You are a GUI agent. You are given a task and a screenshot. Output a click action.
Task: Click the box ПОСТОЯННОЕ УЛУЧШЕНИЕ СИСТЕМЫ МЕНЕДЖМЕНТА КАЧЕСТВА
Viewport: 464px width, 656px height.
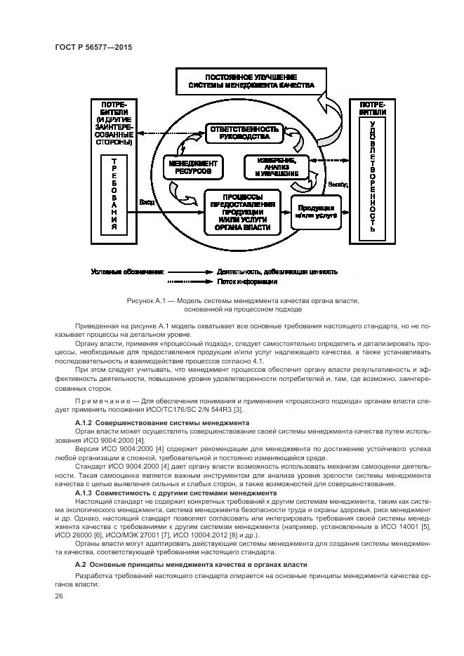[x=250, y=81]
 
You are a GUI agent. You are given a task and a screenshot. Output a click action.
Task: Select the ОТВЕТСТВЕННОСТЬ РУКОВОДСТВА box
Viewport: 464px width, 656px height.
[x=242, y=133]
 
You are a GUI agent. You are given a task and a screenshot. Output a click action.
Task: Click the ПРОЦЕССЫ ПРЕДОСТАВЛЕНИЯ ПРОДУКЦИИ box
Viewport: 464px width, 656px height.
[x=244, y=210]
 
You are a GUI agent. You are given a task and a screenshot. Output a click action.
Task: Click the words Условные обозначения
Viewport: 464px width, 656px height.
[x=128, y=271]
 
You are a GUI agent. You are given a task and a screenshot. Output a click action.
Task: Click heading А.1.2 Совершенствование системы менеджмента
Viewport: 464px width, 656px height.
[x=161, y=423]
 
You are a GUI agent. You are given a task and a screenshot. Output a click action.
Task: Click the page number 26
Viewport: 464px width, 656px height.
[x=59, y=596]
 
